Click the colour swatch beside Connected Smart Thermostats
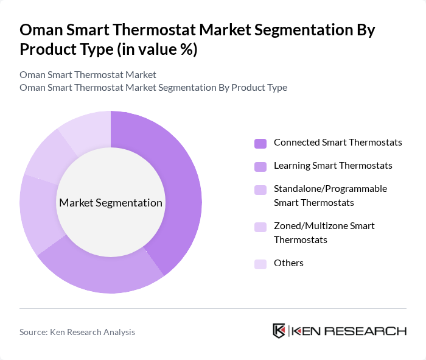pos(260,143)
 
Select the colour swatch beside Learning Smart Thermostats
pos(260,166)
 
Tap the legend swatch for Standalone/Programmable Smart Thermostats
pos(260,189)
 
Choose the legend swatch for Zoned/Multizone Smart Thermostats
pos(260,227)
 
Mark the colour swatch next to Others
pos(260,264)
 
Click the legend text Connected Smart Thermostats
pos(338,143)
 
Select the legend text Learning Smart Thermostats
pos(333,166)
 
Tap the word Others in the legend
pos(288,263)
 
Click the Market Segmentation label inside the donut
pos(111,203)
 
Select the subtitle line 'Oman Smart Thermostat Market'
pos(88,74)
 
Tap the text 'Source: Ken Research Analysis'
pos(77,332)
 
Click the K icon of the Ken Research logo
pos(279,331)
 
